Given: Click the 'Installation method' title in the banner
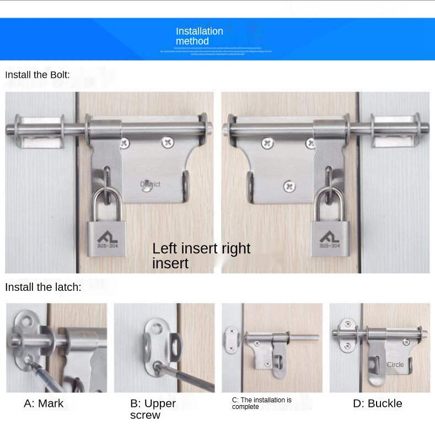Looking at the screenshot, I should pos(199,36).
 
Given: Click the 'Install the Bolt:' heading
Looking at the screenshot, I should pos(37,75).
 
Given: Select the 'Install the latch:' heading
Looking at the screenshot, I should pos(43,287).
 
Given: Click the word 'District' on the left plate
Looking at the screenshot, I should pos(150,184).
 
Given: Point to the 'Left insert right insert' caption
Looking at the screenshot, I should pos(201,256).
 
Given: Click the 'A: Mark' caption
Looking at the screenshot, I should pos(44,403).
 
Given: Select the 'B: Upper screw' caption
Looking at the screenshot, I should pos(153,409).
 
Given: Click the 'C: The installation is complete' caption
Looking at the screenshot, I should pos(262,403).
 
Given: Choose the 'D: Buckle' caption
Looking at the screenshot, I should pos(377,403).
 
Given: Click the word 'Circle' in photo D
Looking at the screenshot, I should pos(395,365).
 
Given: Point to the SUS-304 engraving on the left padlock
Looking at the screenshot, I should pos(106,246).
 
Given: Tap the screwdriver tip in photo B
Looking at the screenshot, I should pos(158,365).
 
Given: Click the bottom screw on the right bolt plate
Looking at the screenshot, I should pos(289,187).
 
